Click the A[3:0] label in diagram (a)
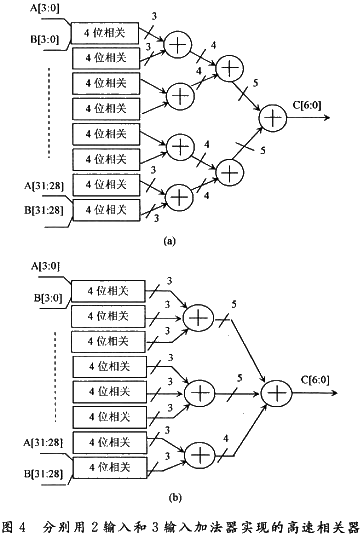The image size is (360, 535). (x=44, y=8)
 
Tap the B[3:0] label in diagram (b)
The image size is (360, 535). (x=48, y=298)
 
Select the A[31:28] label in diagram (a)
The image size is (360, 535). (x=44, y=186)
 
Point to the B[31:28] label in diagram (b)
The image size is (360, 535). (x=43, y=474)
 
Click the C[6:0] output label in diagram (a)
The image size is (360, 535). (x=307, y=105)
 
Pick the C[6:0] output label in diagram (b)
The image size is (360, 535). (x=315, y=380)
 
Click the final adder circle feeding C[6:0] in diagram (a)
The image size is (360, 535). (x=272, y=118)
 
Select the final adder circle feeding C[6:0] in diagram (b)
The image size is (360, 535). (x=276, y=393)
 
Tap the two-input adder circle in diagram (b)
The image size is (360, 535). (x=200, y=455)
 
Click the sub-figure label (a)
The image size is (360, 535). (x=170, y=241)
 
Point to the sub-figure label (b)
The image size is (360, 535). (x=175, y=498)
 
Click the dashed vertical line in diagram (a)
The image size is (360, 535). (x=49, y=113)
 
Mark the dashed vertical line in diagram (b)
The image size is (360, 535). (x=55, y=376)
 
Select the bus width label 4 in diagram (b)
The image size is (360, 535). (x=226, y=438)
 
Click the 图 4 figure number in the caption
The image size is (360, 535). (x=14, y=526)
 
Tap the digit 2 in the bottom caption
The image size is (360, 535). (x=94, y=527)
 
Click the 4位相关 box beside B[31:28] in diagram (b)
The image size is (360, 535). (x=110, y=467)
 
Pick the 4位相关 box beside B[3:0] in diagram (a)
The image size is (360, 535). (x=105, y=33)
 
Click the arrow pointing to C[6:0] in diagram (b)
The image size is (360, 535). (x=315, y=393)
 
